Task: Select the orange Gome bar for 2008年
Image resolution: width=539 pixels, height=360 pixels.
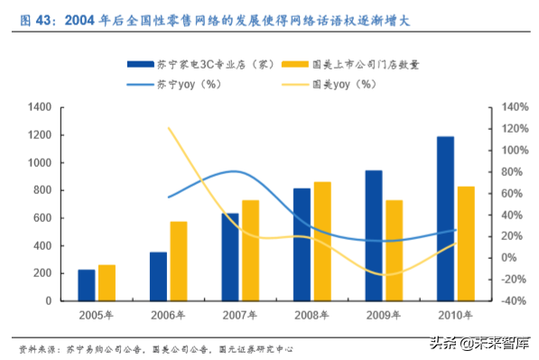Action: [321, 241]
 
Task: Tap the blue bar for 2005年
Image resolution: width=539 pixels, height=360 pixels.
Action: [87, 284]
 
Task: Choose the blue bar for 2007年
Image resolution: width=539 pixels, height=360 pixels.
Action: [230, 256]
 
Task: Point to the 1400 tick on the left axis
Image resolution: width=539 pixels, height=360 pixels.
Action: [40, 107]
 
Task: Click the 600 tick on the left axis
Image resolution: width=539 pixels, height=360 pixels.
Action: [42, 218]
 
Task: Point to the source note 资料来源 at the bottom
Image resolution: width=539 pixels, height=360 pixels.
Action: [41, 348]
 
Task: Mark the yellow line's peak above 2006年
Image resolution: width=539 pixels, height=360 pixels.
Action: [170, 128]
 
